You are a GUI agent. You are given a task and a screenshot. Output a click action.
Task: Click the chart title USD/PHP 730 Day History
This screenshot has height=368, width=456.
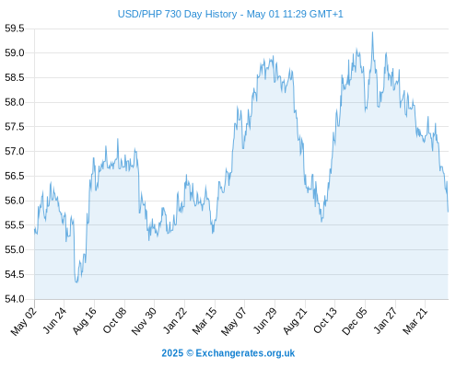pos(177,14)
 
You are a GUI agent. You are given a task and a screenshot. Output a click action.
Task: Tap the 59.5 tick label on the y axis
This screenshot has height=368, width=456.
pos(15,29)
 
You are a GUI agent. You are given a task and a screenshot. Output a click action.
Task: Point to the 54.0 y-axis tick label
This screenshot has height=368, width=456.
pos(15,299)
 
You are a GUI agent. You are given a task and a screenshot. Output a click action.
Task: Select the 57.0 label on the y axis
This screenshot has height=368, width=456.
pos(15,152)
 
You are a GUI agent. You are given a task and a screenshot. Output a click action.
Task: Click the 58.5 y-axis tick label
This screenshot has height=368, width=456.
pos(15,77)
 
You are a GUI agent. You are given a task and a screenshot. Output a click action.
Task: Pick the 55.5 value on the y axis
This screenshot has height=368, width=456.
pos(15,225)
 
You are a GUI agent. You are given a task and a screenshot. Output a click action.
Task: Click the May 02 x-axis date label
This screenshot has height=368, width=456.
pos(24,321)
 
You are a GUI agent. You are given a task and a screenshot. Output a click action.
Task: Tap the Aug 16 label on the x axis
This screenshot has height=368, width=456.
pos(85,321)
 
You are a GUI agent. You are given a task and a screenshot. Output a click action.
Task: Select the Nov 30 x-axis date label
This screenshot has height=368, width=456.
pos(144,321)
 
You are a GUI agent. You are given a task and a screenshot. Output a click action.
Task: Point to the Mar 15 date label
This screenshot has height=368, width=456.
pos(205,321)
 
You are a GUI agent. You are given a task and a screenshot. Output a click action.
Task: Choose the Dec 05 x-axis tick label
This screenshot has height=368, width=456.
pos(355,321)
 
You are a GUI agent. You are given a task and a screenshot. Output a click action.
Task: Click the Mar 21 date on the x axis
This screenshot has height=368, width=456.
pos(415,321)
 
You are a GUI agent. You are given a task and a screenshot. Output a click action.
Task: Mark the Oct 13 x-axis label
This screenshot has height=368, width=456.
pos(325,321)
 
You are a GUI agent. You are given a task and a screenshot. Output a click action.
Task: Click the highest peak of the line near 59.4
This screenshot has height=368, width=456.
pos(372,32)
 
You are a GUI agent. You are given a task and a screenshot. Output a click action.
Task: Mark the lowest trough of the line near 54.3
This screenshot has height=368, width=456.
pos(76,282)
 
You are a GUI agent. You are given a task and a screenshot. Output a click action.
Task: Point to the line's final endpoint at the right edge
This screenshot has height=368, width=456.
pos(448,212)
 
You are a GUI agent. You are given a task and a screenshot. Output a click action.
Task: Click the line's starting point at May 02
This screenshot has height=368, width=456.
pos(35,228)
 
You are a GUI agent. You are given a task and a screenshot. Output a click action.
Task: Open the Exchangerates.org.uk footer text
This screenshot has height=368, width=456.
pos(245,353)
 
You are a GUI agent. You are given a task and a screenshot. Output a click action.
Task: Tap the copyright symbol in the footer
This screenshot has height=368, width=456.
pos(190,353)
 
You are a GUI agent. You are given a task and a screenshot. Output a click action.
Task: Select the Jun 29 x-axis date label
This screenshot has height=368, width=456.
pos(264,321)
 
